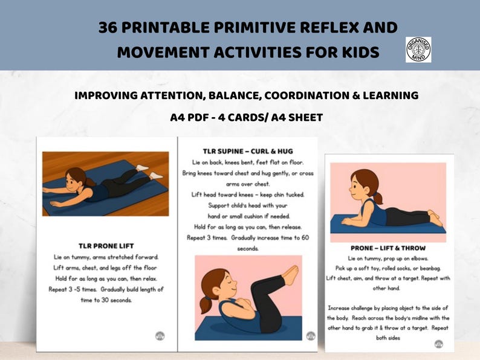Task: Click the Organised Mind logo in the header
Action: (418, 50)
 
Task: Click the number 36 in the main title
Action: (108, 28)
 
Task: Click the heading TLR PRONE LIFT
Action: (106, 246)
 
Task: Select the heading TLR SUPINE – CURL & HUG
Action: (248, 152)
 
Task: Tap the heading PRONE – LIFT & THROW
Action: (388, 248)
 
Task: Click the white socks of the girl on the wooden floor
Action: (149, 172)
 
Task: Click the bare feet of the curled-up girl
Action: (291, 273)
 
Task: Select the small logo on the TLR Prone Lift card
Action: (160, 336)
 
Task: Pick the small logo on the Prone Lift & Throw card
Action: (439, 344)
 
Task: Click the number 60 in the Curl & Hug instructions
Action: (305, 237)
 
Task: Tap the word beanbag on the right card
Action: (430, 269)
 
